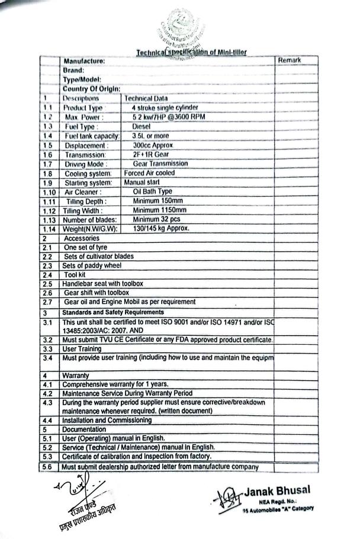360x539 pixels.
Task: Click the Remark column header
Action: click(x=289, y=60)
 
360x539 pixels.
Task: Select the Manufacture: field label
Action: click(x=84, y=61)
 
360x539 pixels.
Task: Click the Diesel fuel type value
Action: click(x=142, y=126)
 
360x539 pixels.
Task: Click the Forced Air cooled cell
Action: click(x=149, y=173)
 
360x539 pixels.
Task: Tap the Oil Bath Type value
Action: click(x=152, y=191)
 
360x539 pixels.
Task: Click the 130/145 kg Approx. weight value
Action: click(x=161, y=229)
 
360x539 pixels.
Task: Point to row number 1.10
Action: click(x=49, y=192)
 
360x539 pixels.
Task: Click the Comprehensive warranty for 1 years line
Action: click(x=119, y=384)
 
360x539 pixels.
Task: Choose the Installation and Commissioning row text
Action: click(x=107, y=420)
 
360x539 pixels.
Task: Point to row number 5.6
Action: click(x=49, y=467)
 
